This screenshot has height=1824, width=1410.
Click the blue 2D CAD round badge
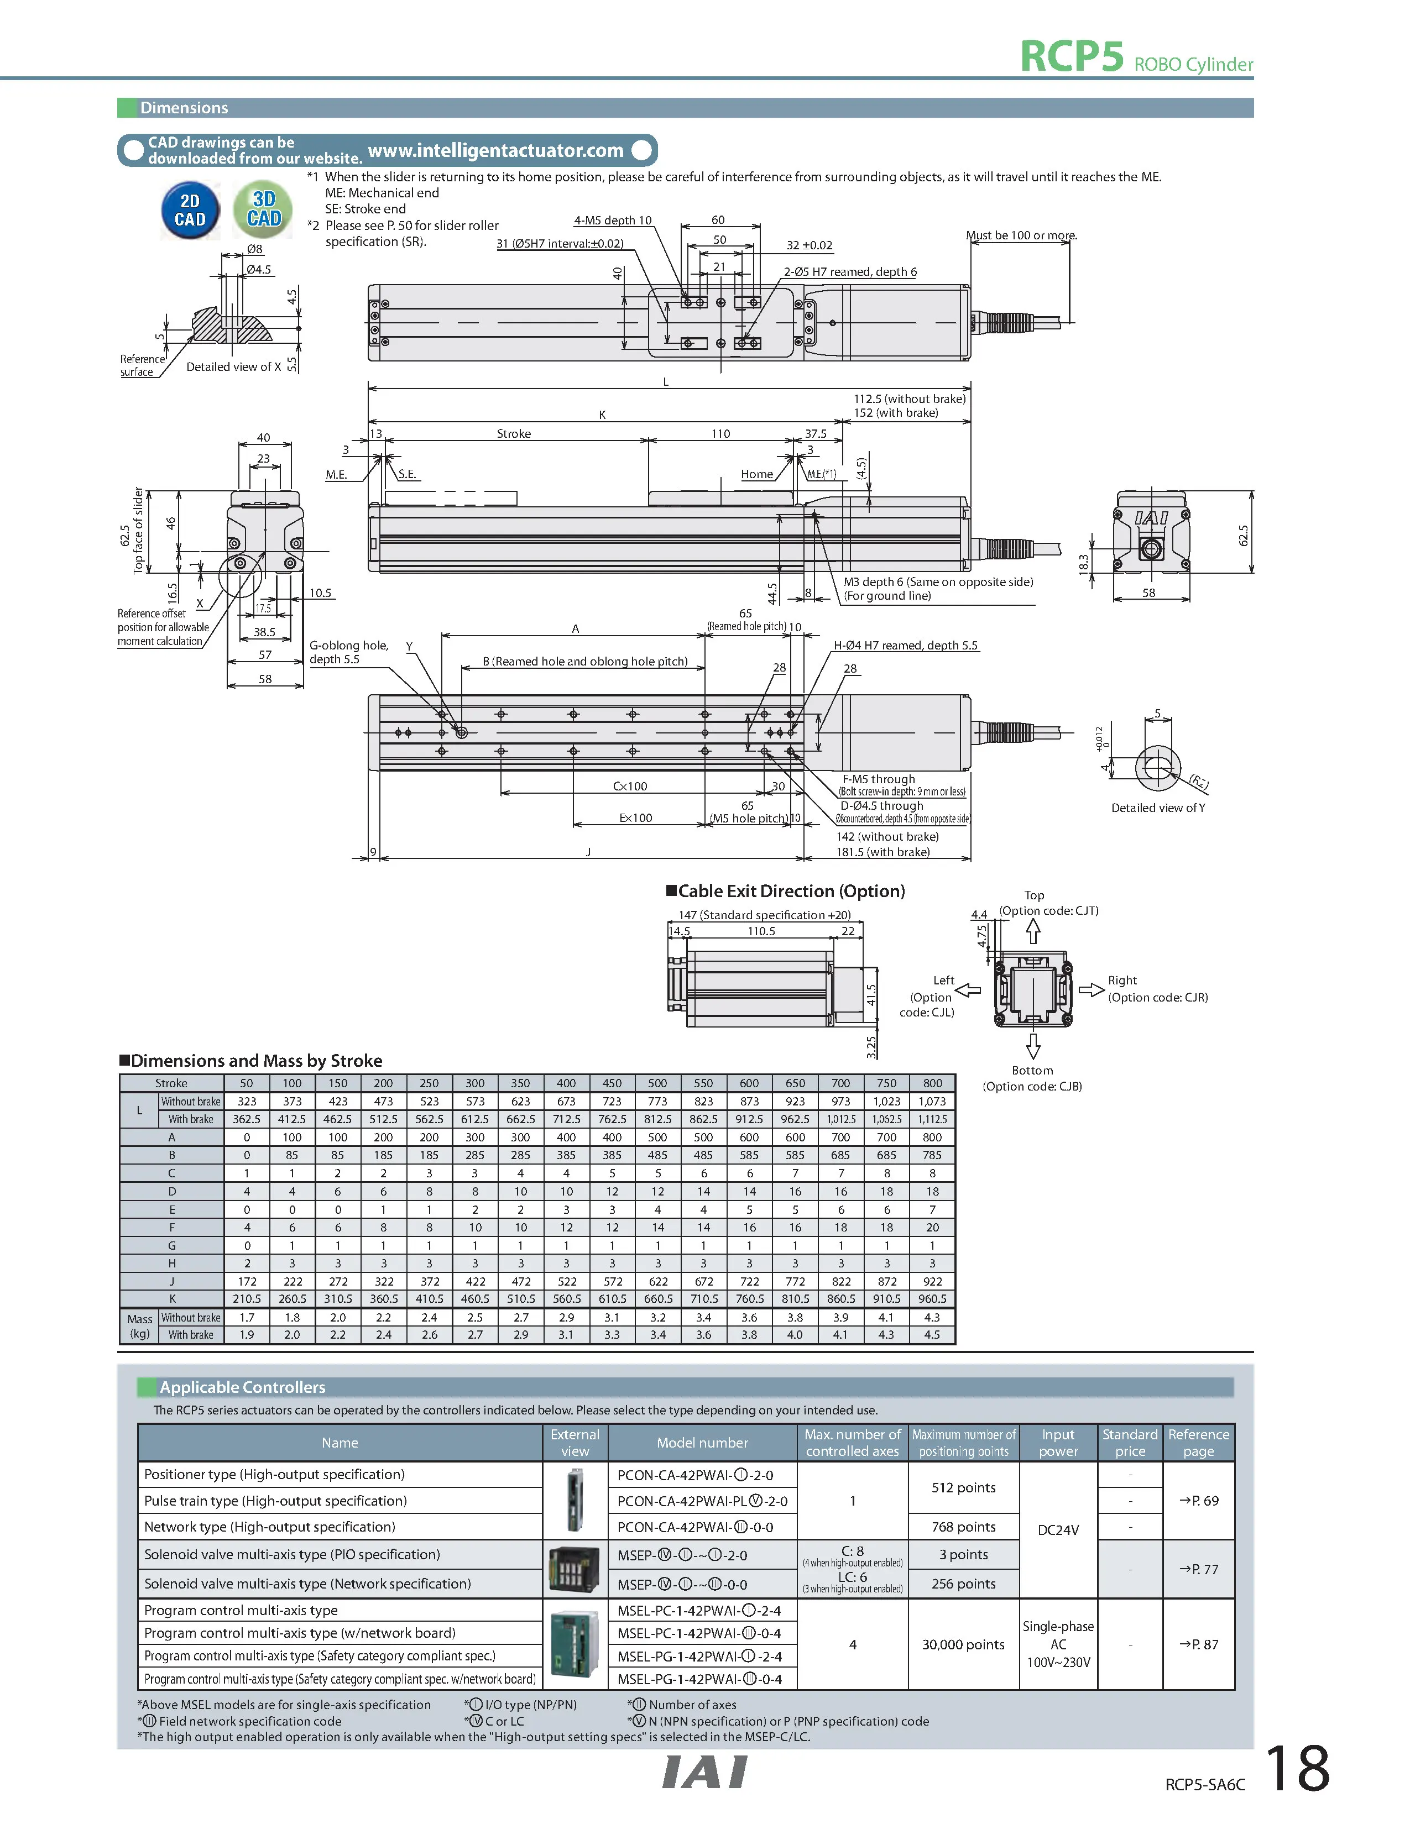tap(190, 211)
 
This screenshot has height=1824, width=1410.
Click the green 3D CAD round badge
tap(263, 209)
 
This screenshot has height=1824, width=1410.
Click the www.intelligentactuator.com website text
tap(495, 150)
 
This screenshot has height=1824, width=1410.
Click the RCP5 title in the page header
tap(1072, 57)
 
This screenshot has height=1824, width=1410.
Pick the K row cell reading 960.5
tap(932, 1299)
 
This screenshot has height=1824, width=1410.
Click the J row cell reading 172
tap(247, 1281)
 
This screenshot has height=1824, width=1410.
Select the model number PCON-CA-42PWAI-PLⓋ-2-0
tap(702, 1501)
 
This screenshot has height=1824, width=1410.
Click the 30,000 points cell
tap(963, 1644)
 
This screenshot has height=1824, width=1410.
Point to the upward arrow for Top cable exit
tap(1033, 930)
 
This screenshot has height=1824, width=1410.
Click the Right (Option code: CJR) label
tap(1157, 989)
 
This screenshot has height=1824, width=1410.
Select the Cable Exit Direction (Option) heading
tap(790, 891)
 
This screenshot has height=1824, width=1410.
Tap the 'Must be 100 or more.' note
tap(1021, 235)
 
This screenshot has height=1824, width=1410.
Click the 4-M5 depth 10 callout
tap(612, 221)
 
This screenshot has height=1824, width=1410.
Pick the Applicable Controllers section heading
tap(242, 1387)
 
